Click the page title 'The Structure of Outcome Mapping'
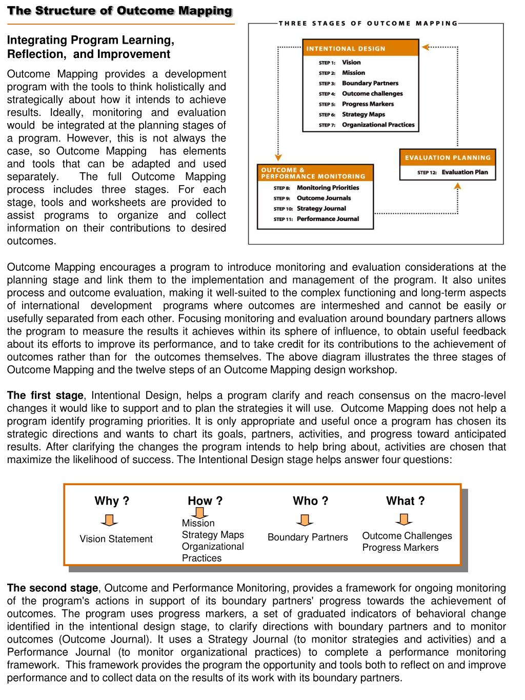click(x=119, y=11)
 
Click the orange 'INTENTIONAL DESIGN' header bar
click(x=360, y=48)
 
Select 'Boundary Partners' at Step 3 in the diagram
click(x=370, y=83)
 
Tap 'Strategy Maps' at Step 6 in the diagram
click(x=363, y=114)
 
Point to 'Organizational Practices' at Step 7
click(x=378, y=125)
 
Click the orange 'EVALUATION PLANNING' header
click(x=448, y=157)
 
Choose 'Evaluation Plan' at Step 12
click(x=465, y=172)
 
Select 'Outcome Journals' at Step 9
click(x=324, y=198)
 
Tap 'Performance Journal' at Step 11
click(x=328, y=219)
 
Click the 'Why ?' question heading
click(x=112, y=501)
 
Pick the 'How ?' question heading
click(x=205, y=501)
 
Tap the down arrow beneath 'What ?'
click(x=404, y=520)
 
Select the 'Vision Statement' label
click(x=116, y=539)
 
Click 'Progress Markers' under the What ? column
click(x=400, y=548)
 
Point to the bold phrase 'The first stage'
click(x=45, y=395)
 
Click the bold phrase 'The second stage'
click(x=52, y=588)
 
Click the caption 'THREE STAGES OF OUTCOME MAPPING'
click(x=368, y=23)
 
